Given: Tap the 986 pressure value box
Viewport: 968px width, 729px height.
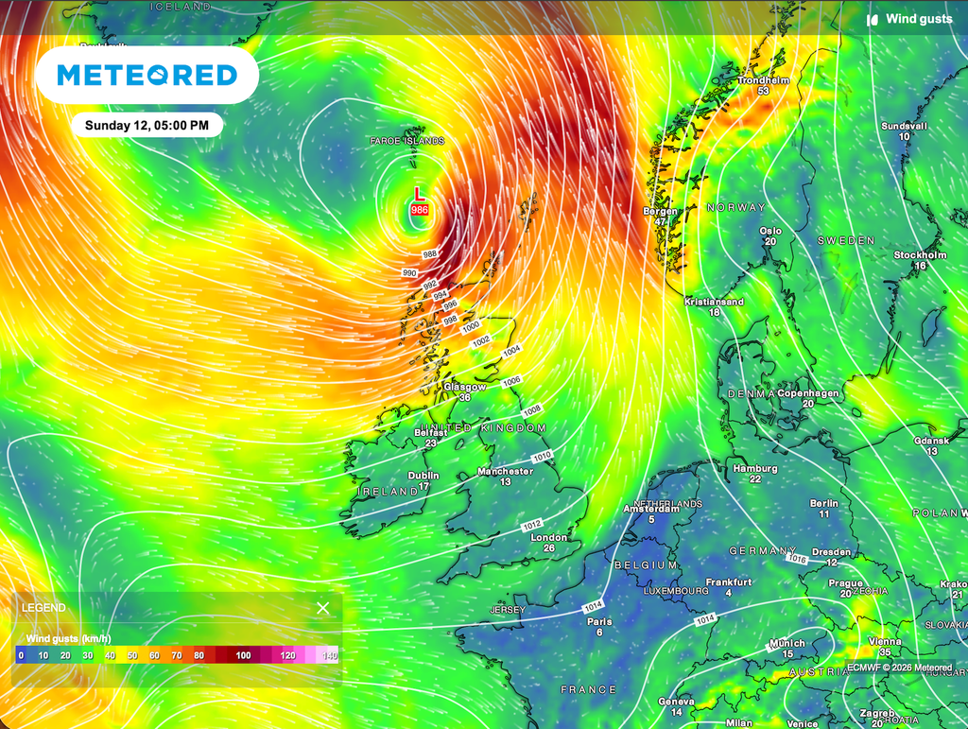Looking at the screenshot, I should click(x=420, y=209).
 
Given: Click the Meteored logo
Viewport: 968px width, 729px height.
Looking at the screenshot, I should click(x=147, y=75).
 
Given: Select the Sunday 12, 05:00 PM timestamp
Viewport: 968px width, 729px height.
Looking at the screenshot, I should click(x=147, y=125).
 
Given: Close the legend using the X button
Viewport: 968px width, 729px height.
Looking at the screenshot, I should click(x=323, y=608).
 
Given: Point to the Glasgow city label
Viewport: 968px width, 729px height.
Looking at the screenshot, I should click(x=464, y=387).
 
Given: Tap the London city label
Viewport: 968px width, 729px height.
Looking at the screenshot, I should click(x=549, y=537).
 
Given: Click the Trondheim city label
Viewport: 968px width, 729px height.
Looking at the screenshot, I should click(x=763, y=79).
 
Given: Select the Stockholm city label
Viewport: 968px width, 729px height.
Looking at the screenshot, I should click(x=920, y=255).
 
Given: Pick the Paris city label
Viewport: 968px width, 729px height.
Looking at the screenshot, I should click(x=598, y=621).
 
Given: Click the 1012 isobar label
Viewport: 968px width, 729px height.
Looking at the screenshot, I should click(x=533, y=524).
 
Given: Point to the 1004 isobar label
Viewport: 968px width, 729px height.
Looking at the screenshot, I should click(x=511, y=350).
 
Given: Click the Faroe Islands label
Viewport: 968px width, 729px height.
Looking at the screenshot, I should click(x=406, y=141).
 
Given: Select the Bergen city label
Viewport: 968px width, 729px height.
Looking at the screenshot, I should click(x=661, y=211).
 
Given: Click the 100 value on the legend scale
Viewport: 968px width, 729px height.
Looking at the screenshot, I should click(x=244, y=655).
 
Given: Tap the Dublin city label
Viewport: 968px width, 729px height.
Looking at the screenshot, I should click(x=423, y=476).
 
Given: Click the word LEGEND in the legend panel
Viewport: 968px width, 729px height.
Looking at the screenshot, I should click(x=43, y=608).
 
